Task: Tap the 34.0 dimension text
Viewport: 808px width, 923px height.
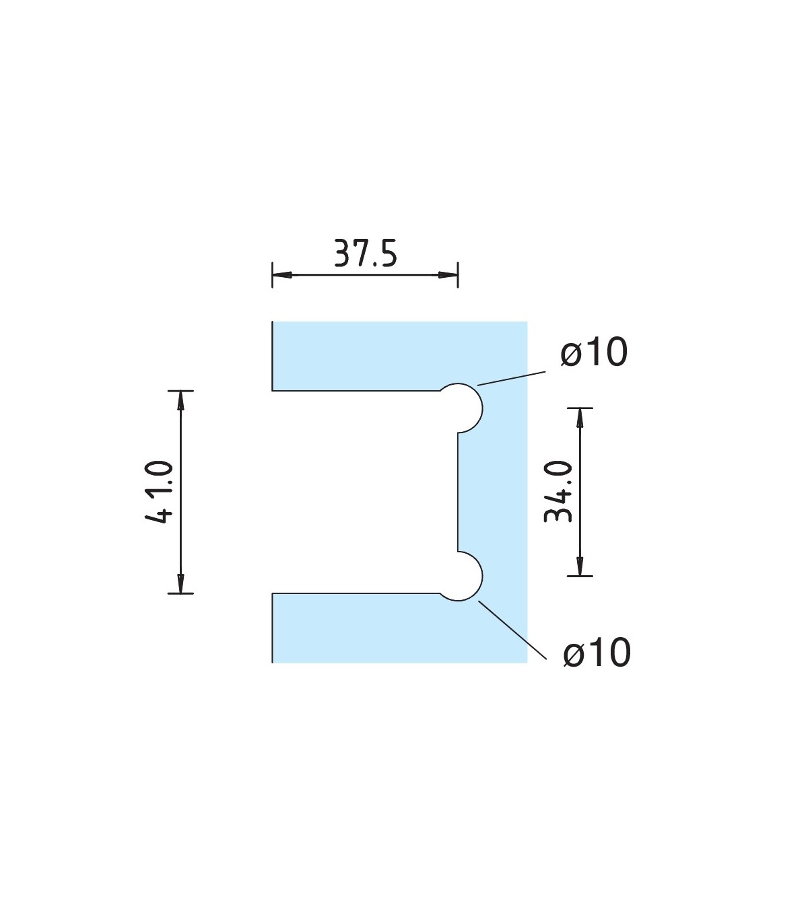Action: (x=558, y=492)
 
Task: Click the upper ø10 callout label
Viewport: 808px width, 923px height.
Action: (x=594, y=352)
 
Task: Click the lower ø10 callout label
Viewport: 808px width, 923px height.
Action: (x=597, y=652)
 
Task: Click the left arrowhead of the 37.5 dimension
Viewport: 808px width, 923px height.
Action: (x=281, y=274)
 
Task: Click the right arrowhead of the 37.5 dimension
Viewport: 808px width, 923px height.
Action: (x=448, y=274)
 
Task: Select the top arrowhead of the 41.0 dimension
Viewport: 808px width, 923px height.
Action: (x=180, y=400)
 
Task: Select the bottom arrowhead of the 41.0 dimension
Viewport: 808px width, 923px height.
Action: (x=180, y=584)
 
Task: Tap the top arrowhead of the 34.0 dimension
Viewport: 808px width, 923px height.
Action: (x=580, y=417)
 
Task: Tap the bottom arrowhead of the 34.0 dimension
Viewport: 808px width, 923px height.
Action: (x=580, y=566)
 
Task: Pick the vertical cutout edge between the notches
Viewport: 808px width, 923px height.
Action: (x=458, y=491)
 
